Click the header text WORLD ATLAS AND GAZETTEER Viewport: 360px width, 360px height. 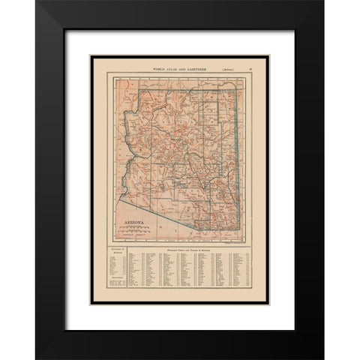click(181, 68)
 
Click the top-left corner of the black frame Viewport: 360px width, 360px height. click(37, 1)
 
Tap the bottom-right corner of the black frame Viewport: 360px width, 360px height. click(323, 358)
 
